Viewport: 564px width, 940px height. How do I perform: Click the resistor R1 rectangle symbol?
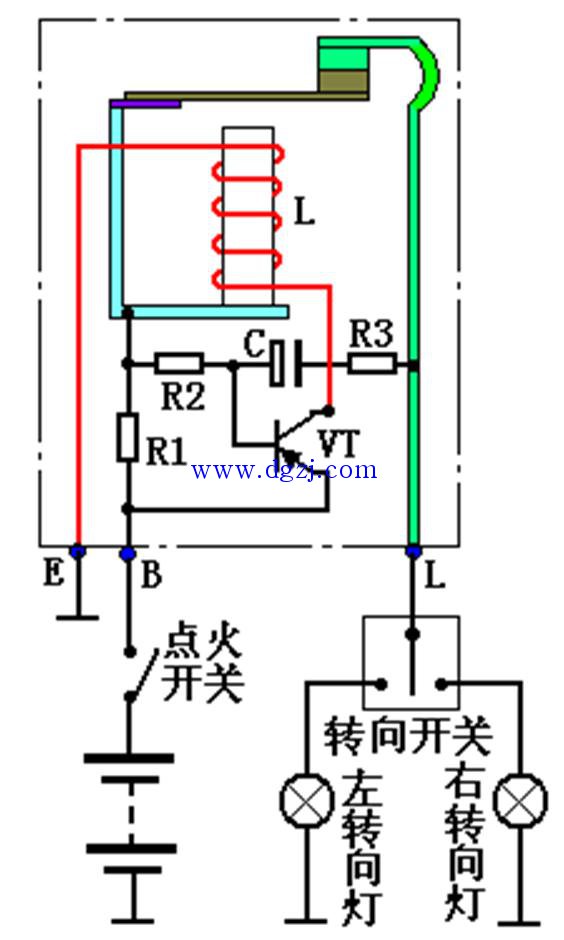[127, 436]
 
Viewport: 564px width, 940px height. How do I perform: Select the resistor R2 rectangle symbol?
[179, 363]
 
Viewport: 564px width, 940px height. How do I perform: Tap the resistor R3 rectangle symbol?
[372, 363]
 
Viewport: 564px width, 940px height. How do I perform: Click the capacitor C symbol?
[286, 363]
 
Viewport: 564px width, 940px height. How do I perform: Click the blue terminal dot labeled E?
[78, 551]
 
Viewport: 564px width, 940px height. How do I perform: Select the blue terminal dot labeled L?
[413, 551]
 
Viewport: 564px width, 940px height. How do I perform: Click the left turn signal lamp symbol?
[307, 801]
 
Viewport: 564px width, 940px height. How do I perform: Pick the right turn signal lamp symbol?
[520, 801]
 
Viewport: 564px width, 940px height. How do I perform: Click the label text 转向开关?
[408, 736]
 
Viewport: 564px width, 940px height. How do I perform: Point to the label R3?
[372, 334]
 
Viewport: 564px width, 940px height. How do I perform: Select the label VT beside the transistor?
[339, 444]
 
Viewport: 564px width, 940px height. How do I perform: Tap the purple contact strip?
[145, 104]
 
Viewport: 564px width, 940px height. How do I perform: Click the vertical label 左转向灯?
[362, 846]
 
